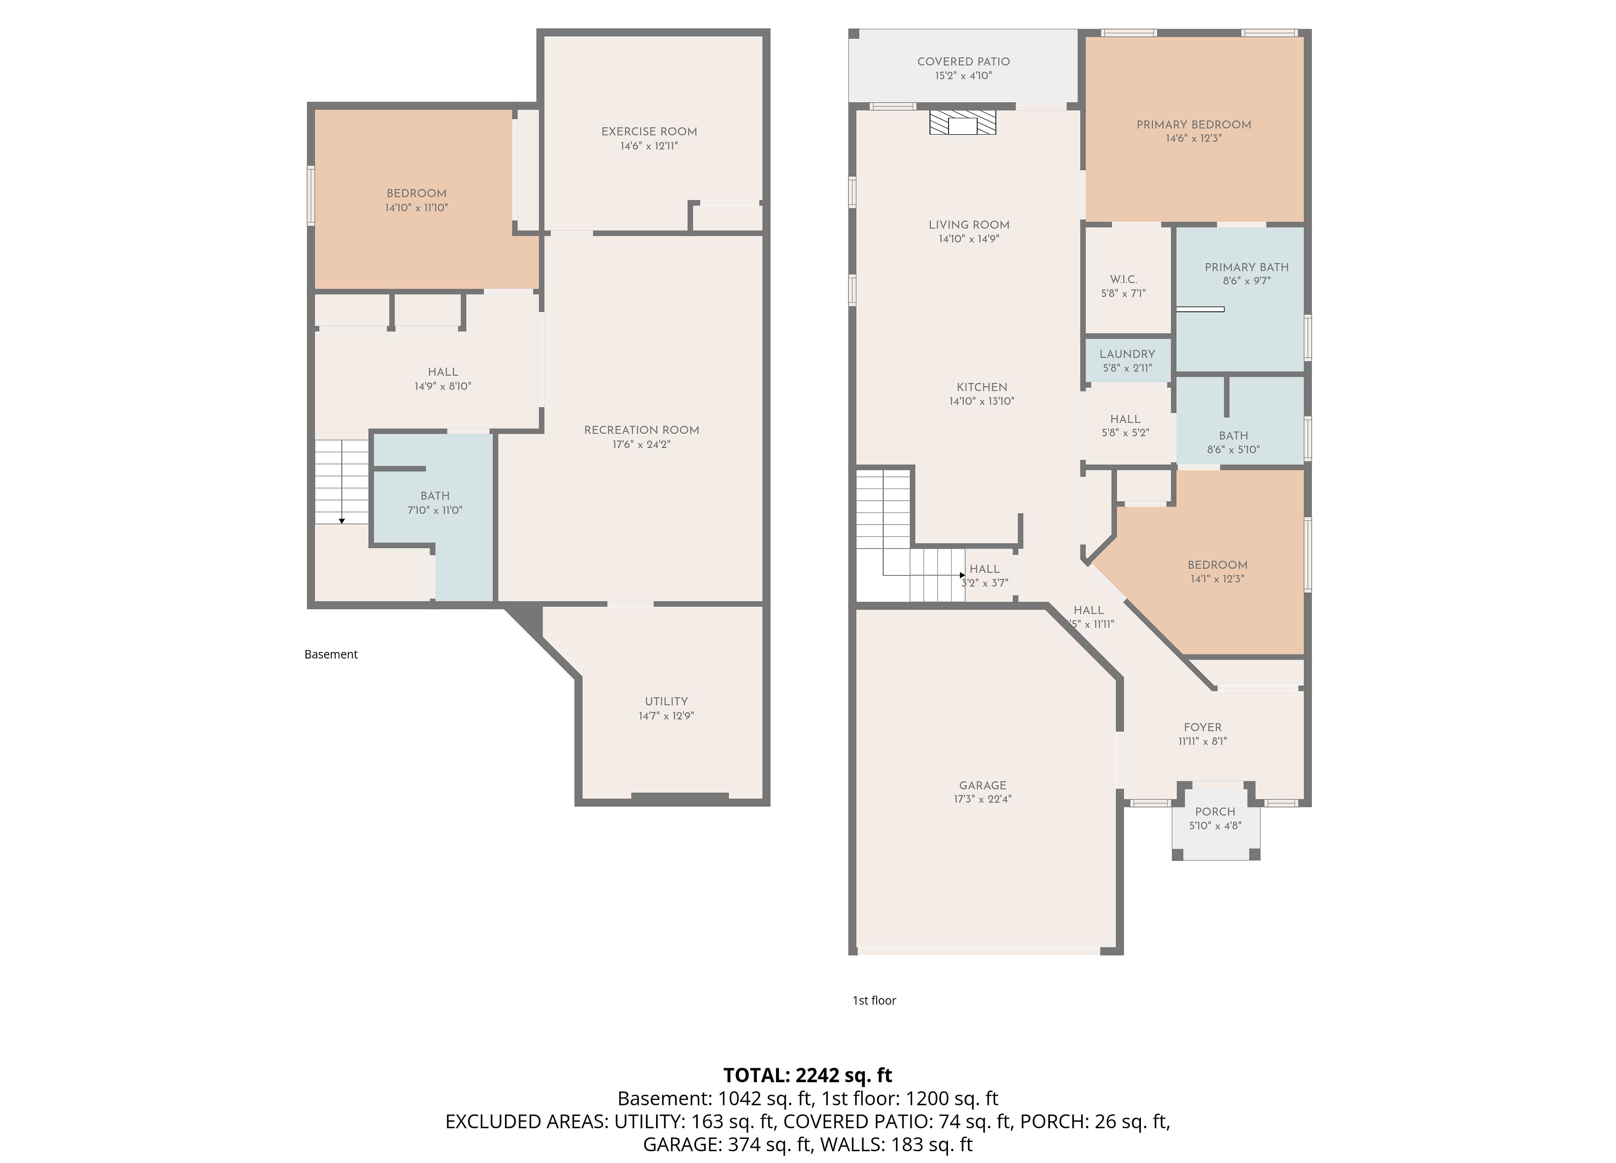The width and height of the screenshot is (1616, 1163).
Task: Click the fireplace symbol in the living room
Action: (x=962, y=122)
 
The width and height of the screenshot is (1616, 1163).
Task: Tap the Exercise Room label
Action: (x=649, y=132)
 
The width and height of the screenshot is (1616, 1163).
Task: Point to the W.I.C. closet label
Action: (x=1124, y=279)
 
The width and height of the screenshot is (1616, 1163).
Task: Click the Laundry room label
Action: (x=1127, y=354)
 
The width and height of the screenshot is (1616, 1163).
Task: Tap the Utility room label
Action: (x=666, y=702)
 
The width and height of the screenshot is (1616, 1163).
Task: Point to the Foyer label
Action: (x=1203, y=728)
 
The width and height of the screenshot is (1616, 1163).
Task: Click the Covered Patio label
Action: (x=963, y=62)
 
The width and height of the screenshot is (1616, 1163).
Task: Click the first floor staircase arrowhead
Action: (x=962, y=575)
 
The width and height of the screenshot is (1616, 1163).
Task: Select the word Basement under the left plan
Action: (x=331, y=654)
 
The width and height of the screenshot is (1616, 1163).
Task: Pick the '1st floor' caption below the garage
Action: (x=874, y=1001)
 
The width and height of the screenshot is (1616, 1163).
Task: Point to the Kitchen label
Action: (x=982, y=388)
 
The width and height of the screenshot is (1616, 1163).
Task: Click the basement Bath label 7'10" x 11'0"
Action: (x=435, y=503)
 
